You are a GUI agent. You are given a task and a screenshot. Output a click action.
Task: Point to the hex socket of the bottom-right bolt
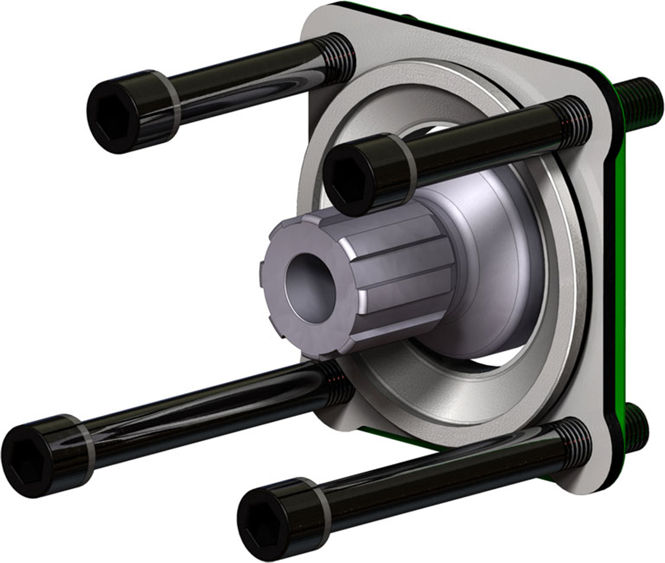pyautogui.click(x=261, y=519)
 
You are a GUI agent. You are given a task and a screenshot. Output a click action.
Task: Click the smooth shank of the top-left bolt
pyautogui.click(x=241, y=82)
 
